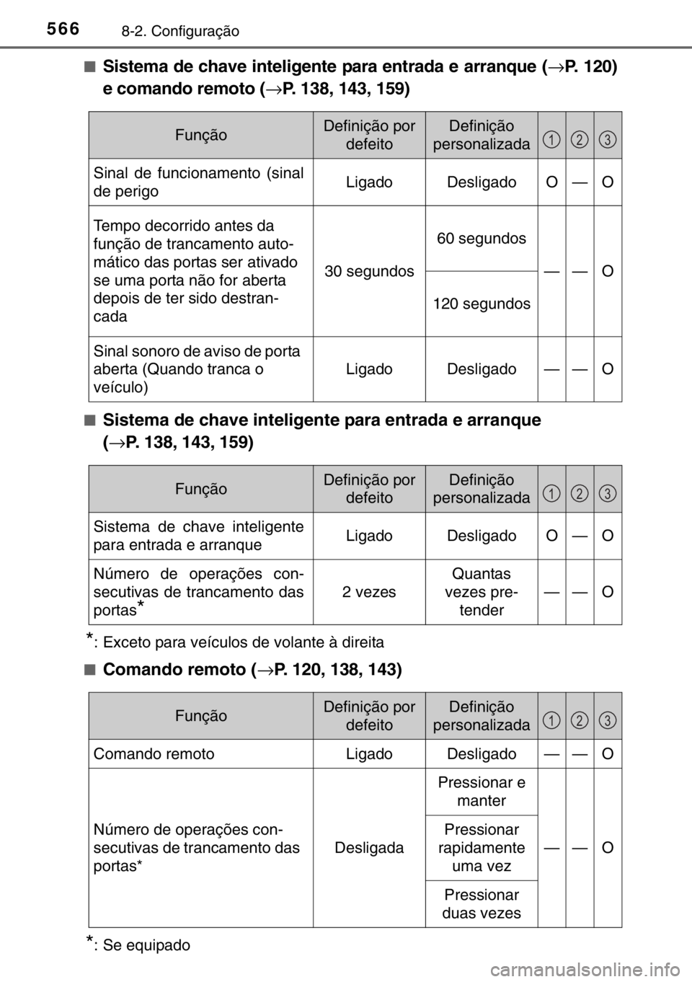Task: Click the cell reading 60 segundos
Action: point(481,239)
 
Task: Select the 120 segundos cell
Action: point(481,304)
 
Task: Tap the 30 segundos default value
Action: point(369,271)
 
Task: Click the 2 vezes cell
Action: point(369,592)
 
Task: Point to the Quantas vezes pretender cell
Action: point(481,592)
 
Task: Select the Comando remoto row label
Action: point(154,753)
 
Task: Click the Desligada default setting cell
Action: point(369,847)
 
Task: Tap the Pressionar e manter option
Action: point(481,792)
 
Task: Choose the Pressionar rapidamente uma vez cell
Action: point(481,847)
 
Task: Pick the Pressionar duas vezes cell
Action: point(481,903)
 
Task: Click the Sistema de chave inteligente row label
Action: point(198,536)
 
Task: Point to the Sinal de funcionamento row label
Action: point(198,182)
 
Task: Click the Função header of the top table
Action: point(200,135)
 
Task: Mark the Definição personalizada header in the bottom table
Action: point(481,716)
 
